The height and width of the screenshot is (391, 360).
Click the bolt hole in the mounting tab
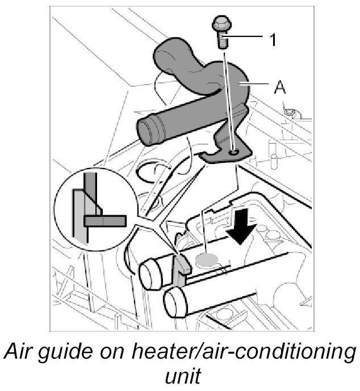point(235,152)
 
